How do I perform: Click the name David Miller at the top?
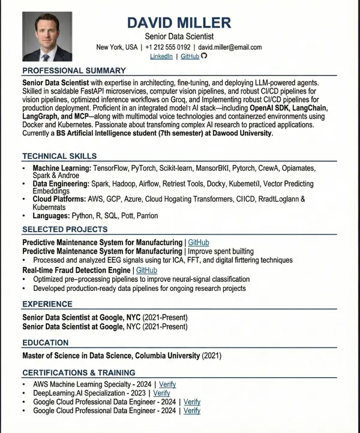[179, 23]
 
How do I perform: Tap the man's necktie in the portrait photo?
[46, 55]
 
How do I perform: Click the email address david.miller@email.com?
[230, 47]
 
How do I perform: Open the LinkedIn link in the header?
[161, 56]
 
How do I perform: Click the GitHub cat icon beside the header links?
[203, 56]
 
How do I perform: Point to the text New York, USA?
[116, 47]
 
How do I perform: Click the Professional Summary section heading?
[74, 71]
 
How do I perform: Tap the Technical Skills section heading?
[59, 156]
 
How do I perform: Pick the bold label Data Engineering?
[61, 183]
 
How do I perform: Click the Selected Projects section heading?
[65, 229]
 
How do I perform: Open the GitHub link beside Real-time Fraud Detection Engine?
[146, 270]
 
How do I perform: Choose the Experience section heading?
[47, 304]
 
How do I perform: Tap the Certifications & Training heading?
[79, 372]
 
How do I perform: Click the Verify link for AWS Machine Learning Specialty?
[167, 384]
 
